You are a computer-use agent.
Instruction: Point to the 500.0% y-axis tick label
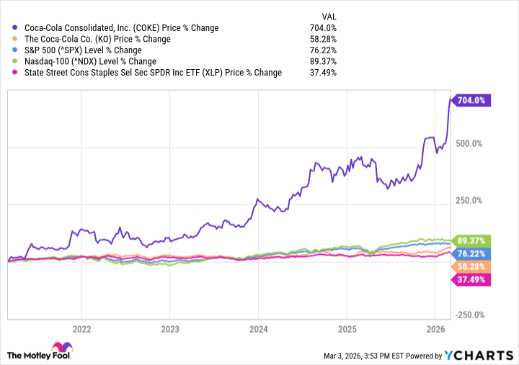coord(473,143)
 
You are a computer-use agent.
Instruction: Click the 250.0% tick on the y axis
coord(473,200)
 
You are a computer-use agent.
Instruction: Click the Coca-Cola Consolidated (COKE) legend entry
coord(122,28)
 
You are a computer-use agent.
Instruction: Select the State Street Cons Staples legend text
coord(153,73)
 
